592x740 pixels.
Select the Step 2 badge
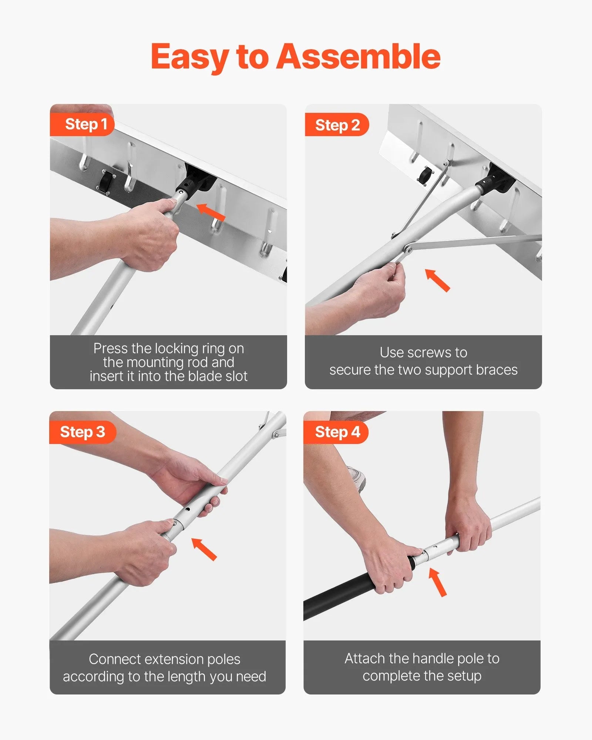[337, 125]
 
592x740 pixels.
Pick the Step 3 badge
[82, 432]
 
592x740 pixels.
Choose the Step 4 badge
[337, 432]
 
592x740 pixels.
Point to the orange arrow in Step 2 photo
[437, 280]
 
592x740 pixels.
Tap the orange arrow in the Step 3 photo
[204, 549]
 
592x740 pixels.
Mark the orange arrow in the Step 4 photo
[438, 582]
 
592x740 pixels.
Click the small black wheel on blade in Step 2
[425, 174]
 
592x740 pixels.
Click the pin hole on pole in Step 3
[188, 509]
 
